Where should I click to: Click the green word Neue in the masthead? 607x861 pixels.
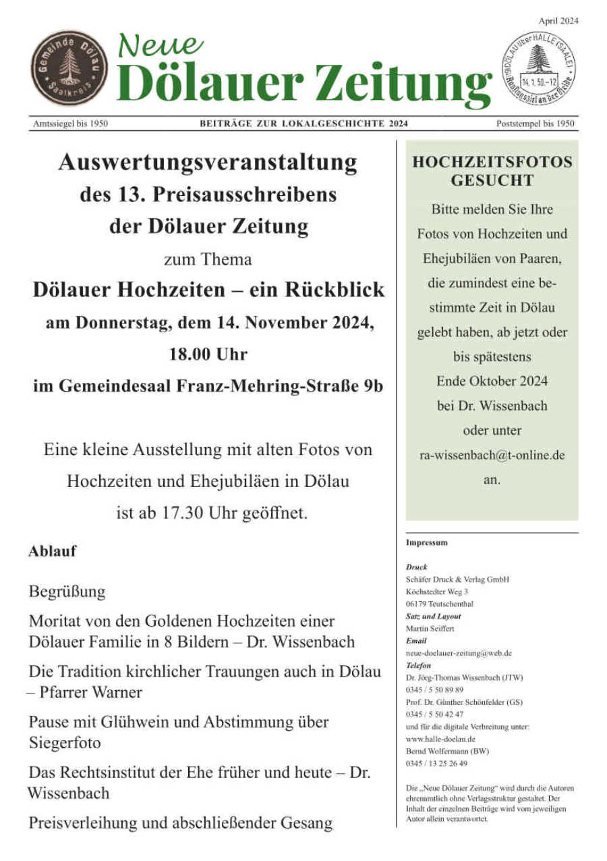(x=161, y=45)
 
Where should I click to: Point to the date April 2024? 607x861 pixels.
(x=558, y=21)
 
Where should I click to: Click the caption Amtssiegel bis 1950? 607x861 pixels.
(x=70, y=124)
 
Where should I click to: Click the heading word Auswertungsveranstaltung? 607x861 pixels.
(x=208, y=163)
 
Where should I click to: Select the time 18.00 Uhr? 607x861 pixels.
(x=208, y=354)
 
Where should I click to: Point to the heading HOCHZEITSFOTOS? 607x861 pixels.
(x=492, y=163)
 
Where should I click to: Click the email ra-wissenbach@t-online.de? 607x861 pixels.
(x=492, y=455)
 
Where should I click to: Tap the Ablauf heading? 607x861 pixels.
(x=52, y=551)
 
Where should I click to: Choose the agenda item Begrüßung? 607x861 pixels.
(x=67, y=592)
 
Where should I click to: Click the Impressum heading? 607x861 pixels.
(x=426, y=542)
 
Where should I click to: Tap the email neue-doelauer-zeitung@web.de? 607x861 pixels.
(x=459, y=653)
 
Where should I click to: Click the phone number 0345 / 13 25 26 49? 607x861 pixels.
(x=436, y=763)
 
